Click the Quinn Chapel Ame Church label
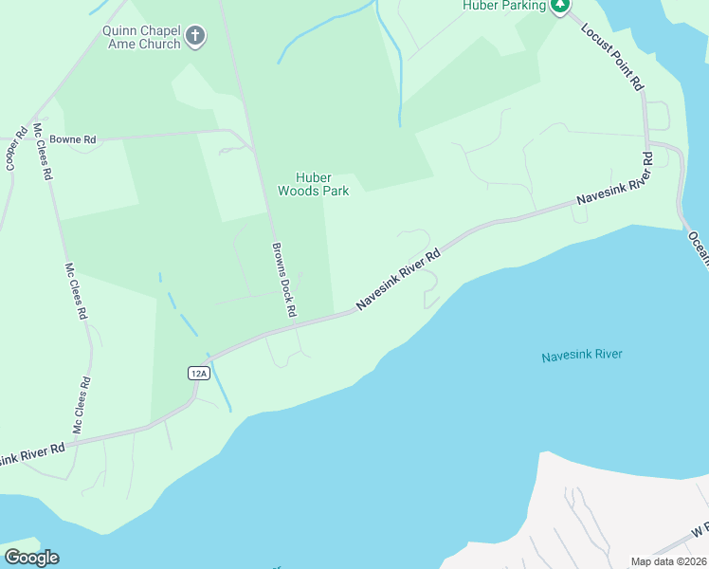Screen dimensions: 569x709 pyautogui.click(x=141, y=37)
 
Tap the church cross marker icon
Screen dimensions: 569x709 pyautogui.click(x=195, y=37)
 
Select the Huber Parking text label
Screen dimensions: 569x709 pyautogui.click(x=504, y=6)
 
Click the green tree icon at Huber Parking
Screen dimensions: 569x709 pyautogui.click(x=561, y=6)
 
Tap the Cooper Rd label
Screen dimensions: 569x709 pyautogui.click(x=15, y=148)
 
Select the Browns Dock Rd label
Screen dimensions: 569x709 pyautogui.click(x=283, y=280)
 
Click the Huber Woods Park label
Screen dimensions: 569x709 pyautogui.click(x=313, y=184)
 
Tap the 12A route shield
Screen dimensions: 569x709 pyautogui.click(x=197, y=373)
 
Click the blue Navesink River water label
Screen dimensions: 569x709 pyautogui.click(x=581, y=356)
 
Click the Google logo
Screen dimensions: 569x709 pyautogui.click(x=31, y=558)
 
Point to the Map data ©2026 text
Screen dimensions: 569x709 pyautogui.click(x=668, y=561)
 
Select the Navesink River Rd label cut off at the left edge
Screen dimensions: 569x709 pyautogui.click(x=32, y=453)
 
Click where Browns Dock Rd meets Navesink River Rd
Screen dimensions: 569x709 pyautogui.click(x=295, y=324)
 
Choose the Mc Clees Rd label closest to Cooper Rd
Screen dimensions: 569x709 pyautogui.click(x=42, y=152)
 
